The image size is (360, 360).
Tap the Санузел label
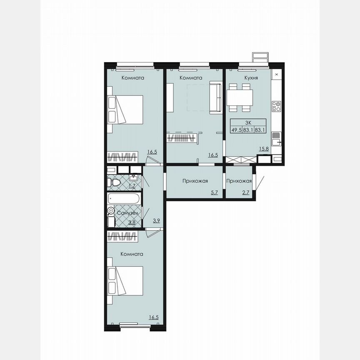click(127, 213)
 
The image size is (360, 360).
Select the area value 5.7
click(214, 192)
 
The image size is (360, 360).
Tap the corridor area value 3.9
click(157, 221)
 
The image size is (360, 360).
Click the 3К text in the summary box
click(248, 122)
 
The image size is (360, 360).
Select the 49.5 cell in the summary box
click(237, 130)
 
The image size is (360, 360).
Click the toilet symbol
click(114, 182)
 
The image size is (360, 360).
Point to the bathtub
click(124, 199)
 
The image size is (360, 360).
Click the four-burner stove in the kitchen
click(276, 106)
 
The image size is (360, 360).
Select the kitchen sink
click(276, 137)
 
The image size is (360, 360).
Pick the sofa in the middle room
click(215, 97)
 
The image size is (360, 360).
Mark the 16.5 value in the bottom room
click(153, 317)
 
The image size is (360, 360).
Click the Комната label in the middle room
click(191, 78)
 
